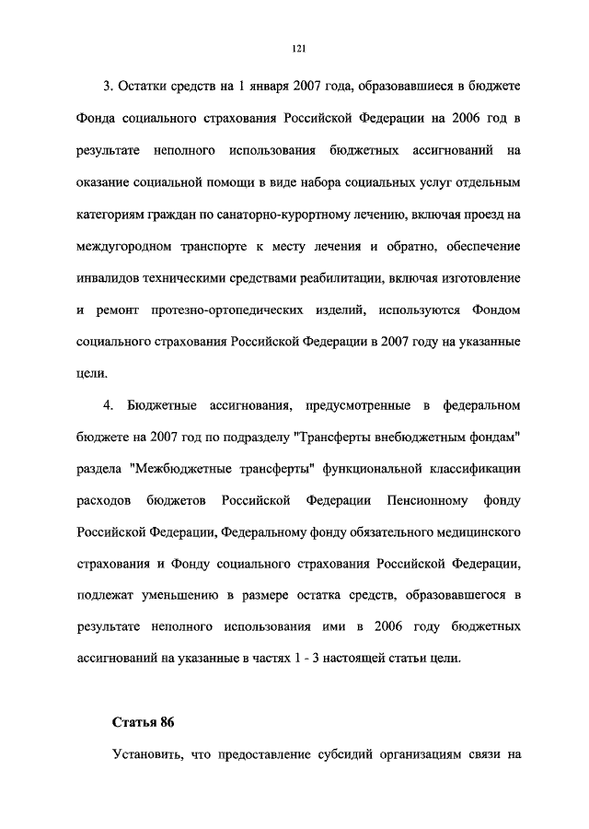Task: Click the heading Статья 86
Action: [x=143, y=719]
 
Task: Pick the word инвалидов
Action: [x=108, y=279]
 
